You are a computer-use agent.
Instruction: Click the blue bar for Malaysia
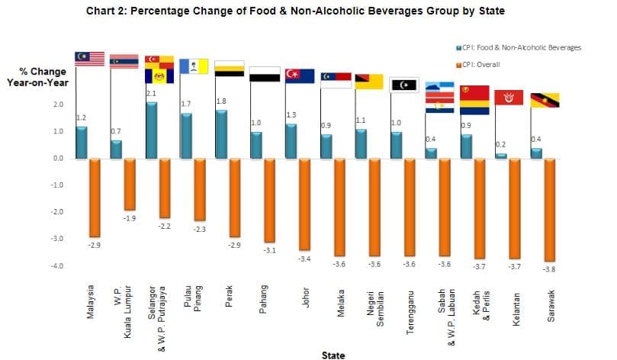[82, 143]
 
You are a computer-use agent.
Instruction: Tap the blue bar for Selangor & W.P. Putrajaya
[151, 130]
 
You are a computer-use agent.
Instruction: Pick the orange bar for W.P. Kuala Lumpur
[130, 184]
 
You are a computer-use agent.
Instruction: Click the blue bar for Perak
[221, 134]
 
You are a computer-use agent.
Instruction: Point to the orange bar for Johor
[305, 204]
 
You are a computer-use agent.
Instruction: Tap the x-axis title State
[333, 355]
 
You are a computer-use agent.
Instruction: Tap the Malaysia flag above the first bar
[89, 59]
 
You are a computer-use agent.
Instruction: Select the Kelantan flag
[509, 97]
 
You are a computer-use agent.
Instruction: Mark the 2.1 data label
[150, 93]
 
